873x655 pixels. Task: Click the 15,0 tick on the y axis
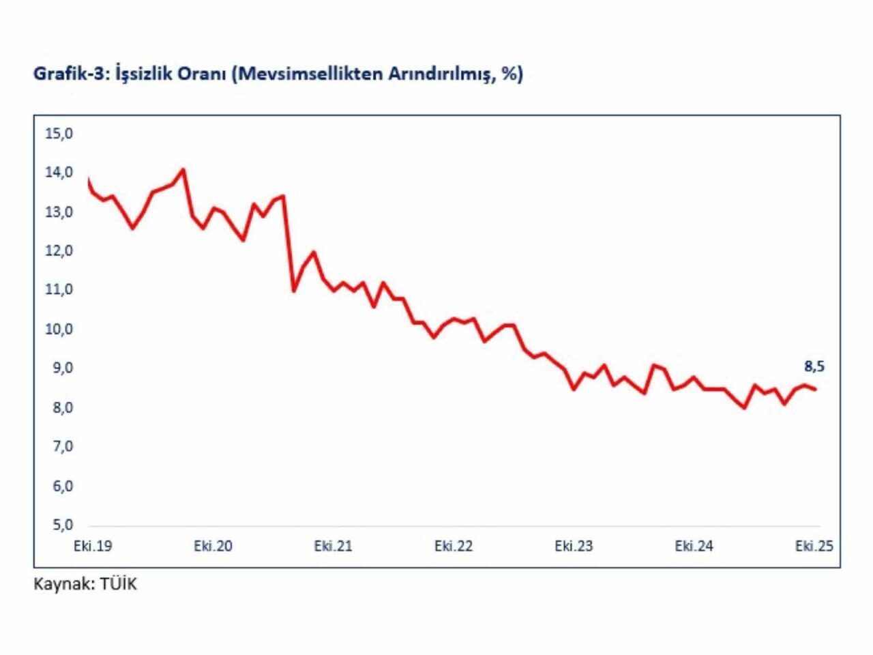pyautogui.click(x=59, y=134)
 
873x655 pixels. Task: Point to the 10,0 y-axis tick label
pyautogui.click(x=59, y=330)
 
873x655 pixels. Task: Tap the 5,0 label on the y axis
pyautogui.click(x=59, y=525)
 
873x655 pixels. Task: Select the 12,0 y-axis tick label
pyautogui.click(x=59, y=251)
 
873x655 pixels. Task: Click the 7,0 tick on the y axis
pyautogui.click(x=59, y=447)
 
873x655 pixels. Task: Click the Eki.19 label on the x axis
pyautogui.click(x=93, y=547)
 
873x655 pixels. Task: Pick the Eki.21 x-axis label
pyautogui.click(x=334, y=547)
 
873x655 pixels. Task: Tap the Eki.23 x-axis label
pyautogui.click(x=574, y=547)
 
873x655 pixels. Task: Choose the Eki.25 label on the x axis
pyautogui.click(x=814, y=547)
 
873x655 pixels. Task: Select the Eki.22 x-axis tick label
pyautogui.click(x=454, y=547)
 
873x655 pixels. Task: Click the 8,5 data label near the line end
pyautogui.click(x=814, y=367)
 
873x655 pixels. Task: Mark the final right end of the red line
pyautogui.click(x=816, y=390)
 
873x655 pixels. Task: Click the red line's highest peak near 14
pyautogui.click(x=183, y=169)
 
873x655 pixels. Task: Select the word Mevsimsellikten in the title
pyautogui.click(x=310, y=74)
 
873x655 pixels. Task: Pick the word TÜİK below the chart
pyautogui.click(x=119, y=585)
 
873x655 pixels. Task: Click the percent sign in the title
pyautogui.click(x=510, y=74)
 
